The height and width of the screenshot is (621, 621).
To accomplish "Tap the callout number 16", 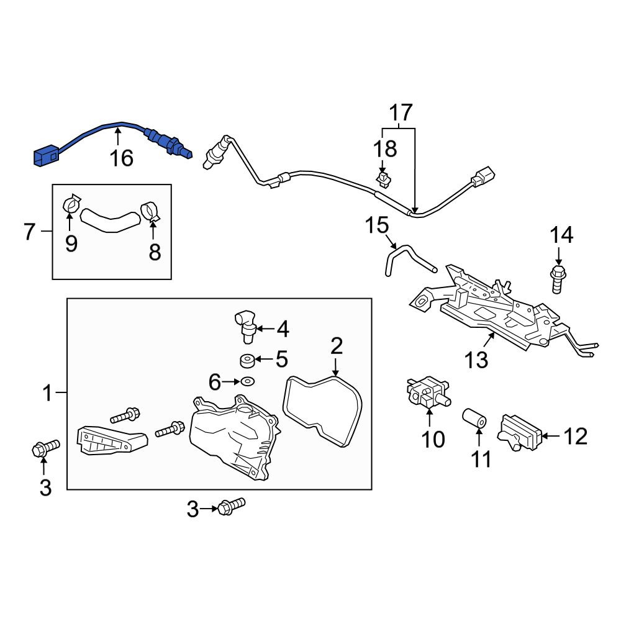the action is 121,158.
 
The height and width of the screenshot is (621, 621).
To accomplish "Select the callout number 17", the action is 401,112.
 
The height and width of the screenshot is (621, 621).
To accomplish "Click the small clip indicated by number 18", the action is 383,180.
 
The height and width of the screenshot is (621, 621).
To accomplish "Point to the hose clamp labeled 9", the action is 71,204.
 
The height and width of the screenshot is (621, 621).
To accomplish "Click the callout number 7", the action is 30,231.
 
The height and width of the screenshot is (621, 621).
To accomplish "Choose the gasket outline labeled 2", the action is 322,412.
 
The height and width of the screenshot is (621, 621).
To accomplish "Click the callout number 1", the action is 47,393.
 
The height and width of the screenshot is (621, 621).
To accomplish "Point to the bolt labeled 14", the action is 558,279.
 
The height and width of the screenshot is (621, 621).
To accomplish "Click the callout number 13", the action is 476,360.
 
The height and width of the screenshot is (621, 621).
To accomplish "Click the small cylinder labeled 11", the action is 475,419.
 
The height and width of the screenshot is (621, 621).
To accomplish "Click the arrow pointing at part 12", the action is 551,436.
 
